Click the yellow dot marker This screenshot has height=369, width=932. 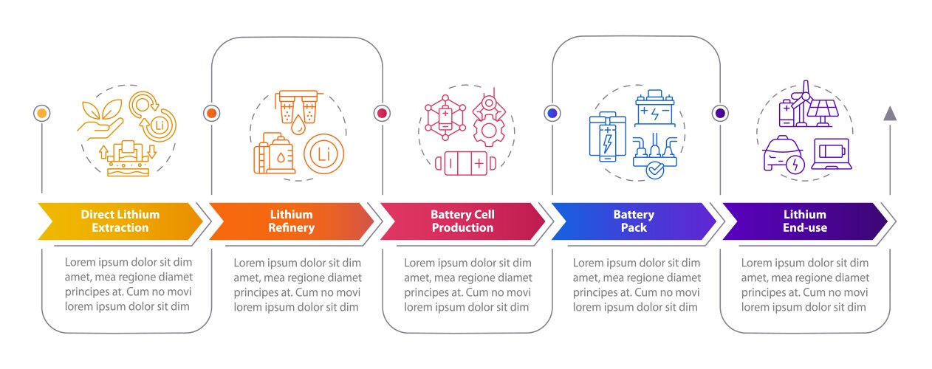[42, 113]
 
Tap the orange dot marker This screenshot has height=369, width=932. [211, 113]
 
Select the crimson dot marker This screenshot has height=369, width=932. [382, 113]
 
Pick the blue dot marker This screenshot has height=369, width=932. [552, 113]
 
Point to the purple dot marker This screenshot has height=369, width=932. [720, 113]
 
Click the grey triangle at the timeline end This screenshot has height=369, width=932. [890, 113]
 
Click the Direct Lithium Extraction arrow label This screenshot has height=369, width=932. [120, 221]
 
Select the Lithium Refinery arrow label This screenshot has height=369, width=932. [291, 221]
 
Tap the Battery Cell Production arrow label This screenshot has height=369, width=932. [462, 221]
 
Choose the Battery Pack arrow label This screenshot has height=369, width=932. [633, 221]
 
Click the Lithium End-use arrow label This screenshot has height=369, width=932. [804, 221]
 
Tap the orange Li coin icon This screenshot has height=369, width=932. [323, 154]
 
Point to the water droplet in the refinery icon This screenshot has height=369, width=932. [298, 125]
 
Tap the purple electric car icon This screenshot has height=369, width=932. [784, 156]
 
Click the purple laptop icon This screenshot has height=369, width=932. [832, 155]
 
